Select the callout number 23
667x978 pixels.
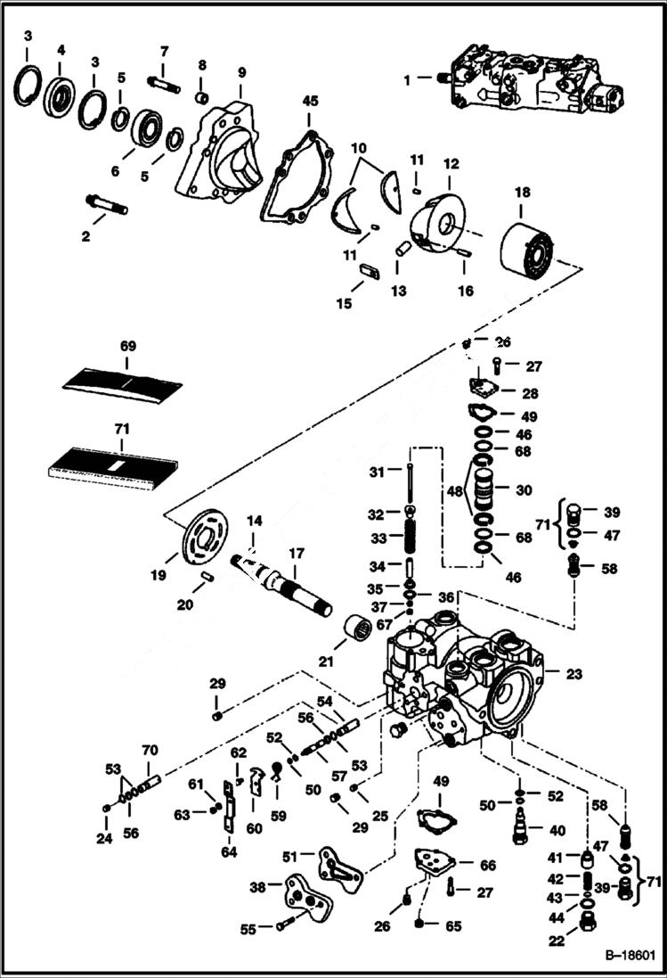click(x=573, y=674)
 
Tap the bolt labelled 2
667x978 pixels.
click(x=106, y=204)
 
